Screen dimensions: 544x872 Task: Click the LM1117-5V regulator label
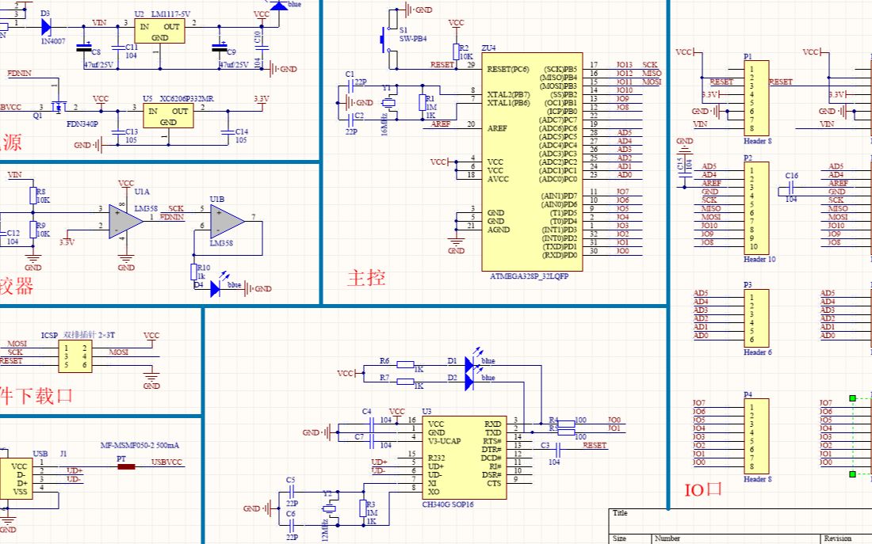(171, 14)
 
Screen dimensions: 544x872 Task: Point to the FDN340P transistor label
(82, 124)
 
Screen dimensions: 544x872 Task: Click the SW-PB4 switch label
(412, 38)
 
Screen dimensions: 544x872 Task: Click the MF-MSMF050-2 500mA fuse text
(140, 445)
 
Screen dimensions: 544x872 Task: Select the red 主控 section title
(366, 278)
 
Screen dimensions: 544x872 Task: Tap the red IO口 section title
(703, 489)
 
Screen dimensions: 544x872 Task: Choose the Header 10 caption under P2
(759, 259)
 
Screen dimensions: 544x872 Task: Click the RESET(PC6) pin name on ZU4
(508, 69)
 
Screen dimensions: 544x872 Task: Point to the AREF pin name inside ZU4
(497, 128)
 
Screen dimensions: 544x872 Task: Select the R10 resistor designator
(203, 268)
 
